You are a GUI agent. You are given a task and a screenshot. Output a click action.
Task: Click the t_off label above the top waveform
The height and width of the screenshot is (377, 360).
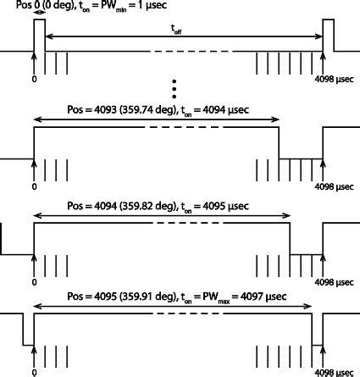pos(176,30)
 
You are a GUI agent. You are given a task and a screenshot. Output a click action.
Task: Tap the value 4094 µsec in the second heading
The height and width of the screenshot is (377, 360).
pos(226,110)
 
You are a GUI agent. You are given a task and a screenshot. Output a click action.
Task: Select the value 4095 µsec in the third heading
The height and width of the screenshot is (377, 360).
pos(226,206)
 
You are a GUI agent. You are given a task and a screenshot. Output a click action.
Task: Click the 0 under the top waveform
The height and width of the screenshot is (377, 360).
pos(34,79)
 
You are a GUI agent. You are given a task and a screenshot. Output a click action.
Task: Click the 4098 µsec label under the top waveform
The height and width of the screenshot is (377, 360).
pos(334,80)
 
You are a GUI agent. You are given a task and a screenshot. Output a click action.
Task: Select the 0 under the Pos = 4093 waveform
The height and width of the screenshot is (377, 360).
pos(34,186)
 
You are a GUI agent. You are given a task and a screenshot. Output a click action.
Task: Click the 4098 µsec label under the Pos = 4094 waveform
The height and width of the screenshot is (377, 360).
pos(334,282)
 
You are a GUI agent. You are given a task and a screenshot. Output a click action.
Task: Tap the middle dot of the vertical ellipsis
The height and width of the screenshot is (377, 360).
pos(174,89)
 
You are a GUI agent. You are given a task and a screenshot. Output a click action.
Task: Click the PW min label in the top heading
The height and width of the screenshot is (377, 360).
pos(114,6)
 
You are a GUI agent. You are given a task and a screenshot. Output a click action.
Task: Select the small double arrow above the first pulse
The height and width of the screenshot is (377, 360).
pos(40,13)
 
